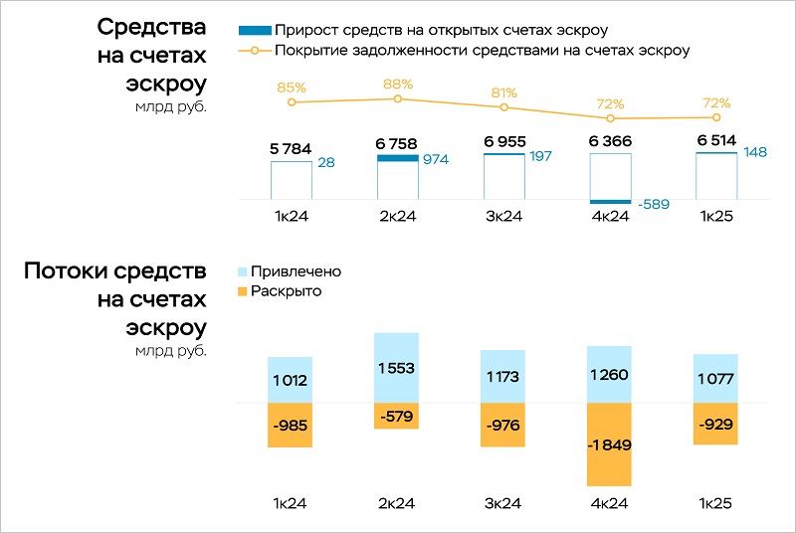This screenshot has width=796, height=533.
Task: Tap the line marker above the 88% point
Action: [x=398, y=98]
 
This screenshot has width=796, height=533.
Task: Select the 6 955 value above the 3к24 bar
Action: [x=504, y=142]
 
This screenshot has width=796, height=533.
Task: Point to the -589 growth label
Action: [x=654, y=205]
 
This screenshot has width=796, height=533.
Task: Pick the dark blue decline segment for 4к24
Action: [x=610, y=202]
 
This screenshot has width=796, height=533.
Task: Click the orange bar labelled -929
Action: [x=716, y=424]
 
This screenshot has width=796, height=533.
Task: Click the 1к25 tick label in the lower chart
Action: [x=716, y=504]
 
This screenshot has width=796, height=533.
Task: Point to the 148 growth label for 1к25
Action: [x=757, y=151]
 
